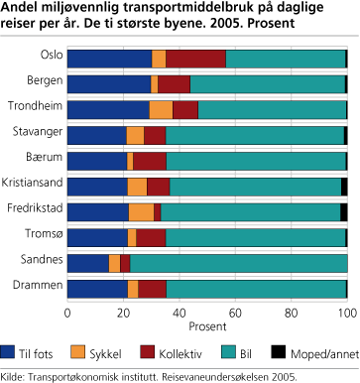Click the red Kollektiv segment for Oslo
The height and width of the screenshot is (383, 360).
195,59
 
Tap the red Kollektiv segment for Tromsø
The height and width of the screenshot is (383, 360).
151,238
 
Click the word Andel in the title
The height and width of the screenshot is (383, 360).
21,11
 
